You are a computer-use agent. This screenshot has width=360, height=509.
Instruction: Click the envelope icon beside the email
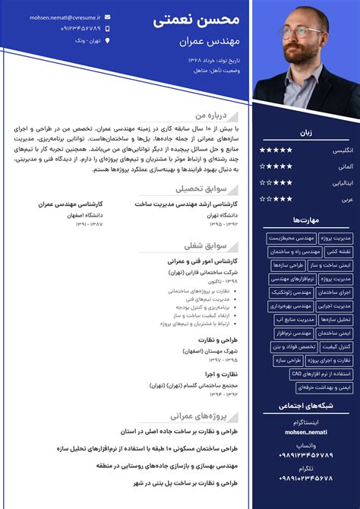108,16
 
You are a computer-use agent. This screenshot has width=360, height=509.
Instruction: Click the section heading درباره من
212,115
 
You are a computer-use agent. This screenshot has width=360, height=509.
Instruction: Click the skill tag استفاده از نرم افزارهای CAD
321,374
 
